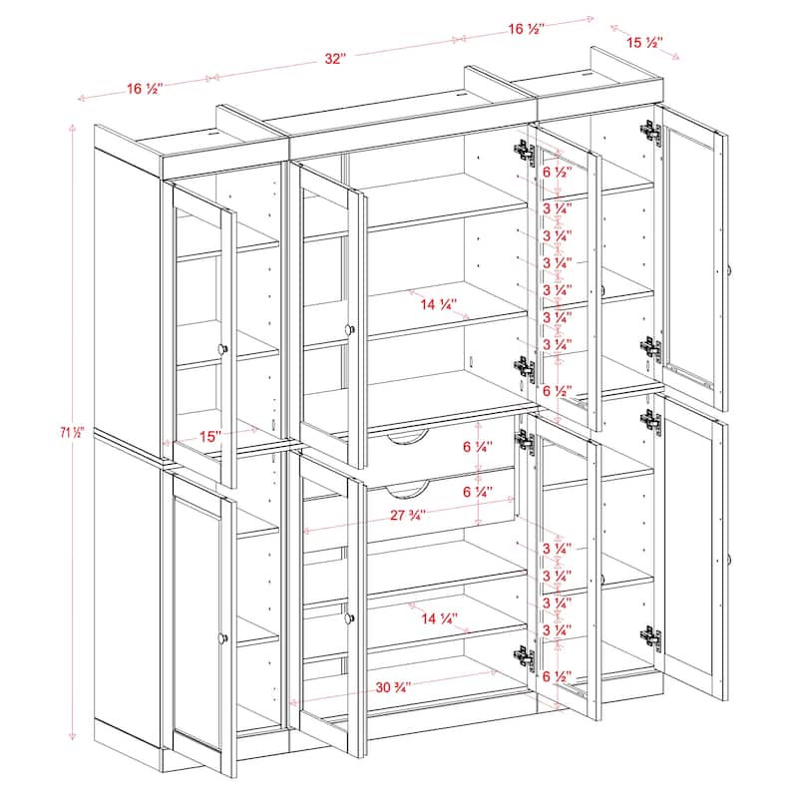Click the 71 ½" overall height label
click(x=72, y=432)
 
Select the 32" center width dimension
click(x=334, y=59)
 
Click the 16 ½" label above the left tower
click(x=146, y=89)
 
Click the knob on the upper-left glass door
click(x=221, y=348)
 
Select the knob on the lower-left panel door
click(x=221, y=636)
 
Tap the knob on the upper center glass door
click(x=350, y=329)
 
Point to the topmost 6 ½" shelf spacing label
click(x=555, y=171)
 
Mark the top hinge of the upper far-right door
click(x=650, y=131)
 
